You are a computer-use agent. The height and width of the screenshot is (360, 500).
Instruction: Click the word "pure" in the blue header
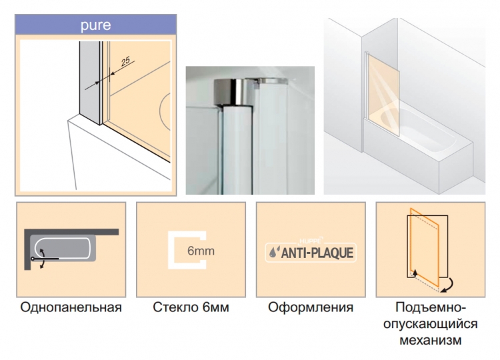(95, 25)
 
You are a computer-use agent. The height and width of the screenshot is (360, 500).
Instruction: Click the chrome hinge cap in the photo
(229, 91)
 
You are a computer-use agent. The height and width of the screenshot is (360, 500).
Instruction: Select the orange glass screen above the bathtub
(383, 95)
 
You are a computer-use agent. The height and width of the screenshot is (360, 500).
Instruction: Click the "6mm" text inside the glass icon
(201, 251)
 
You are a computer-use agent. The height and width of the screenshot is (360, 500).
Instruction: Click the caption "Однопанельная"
(71, 307)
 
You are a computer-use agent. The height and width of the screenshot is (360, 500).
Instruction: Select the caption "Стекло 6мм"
(191, 307)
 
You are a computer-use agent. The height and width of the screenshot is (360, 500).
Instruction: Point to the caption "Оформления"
(311, 307)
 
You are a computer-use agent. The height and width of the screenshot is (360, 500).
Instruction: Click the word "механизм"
(431, 340)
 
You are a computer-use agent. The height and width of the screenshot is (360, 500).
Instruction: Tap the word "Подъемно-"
(431, 307)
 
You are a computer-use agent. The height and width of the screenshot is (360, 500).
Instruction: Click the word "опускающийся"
(431, 324)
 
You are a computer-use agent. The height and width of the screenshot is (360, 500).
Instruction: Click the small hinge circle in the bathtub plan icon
(33, 259)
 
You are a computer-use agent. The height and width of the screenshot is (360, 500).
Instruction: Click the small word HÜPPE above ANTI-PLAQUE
(311, 241)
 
